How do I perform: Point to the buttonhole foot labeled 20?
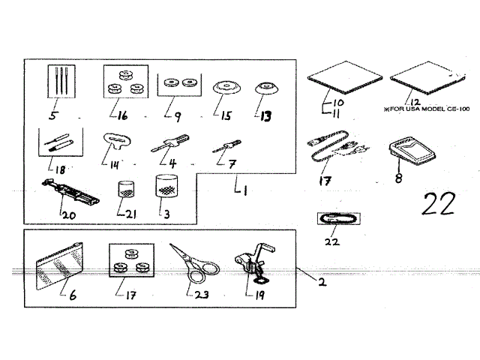pyautogui.click(x=70, y=193)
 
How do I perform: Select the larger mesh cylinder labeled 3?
pyautogui.click(x=166, y=186)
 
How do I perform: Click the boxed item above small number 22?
pyautogui.click(x=338, y=217)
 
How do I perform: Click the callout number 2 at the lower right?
pyautogui.click(x=321, y=283)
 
